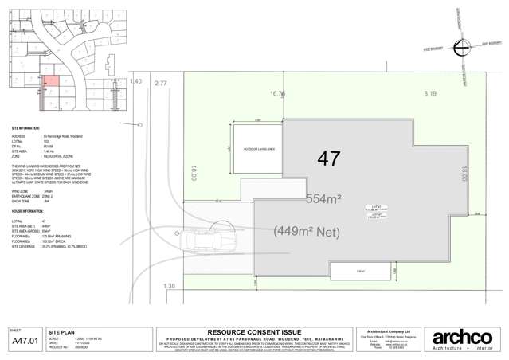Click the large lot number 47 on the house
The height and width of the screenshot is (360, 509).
coord(328,158)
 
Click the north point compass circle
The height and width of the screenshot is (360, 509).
coord(461,49)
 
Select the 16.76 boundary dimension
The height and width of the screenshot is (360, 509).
coord(278,93)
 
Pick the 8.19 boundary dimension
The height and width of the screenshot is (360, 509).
coord(430,93)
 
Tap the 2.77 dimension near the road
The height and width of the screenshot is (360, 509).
coord(163,83)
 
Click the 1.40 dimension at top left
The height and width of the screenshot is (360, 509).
coord(135,81)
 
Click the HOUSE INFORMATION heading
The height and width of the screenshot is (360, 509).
coord(28,211)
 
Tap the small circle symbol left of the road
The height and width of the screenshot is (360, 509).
coord(140,124)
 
